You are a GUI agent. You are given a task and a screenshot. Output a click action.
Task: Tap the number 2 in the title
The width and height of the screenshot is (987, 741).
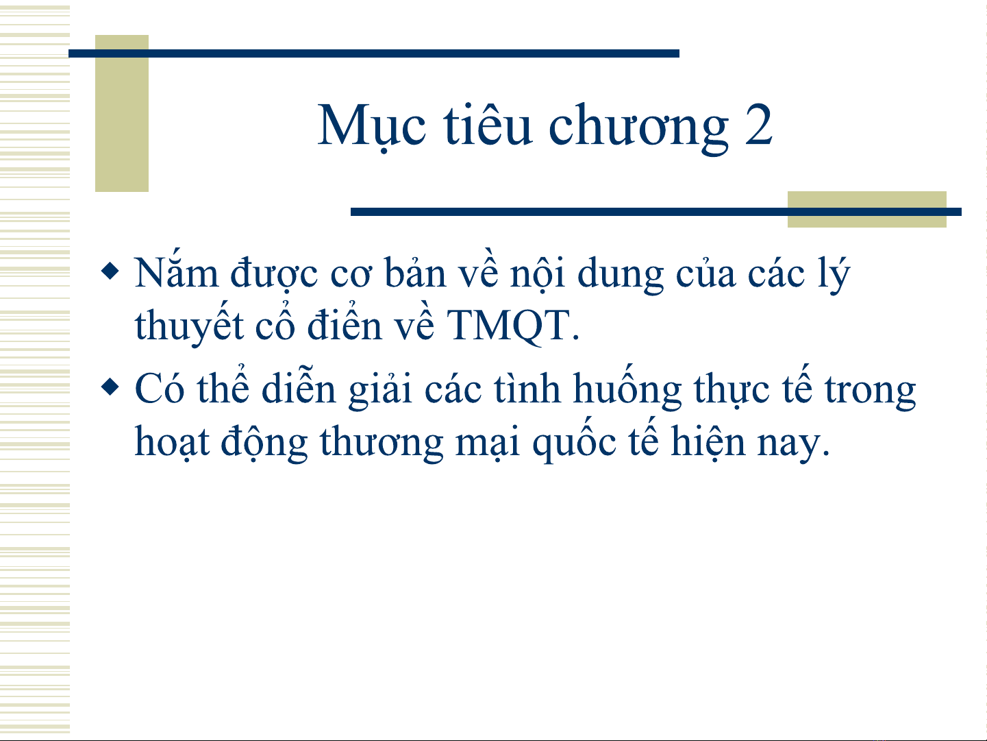758,125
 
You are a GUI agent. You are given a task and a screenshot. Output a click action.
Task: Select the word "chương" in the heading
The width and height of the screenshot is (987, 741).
638,127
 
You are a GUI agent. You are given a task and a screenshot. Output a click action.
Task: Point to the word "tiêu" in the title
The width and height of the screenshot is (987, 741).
488,123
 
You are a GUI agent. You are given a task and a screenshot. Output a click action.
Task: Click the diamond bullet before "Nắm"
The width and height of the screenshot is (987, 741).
110,271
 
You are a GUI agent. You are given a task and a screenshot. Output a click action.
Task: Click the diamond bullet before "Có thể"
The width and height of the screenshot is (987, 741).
110,387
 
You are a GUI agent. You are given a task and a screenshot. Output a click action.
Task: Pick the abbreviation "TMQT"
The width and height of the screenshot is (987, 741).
508,326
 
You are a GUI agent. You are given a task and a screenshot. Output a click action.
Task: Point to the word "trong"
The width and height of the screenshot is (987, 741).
870,391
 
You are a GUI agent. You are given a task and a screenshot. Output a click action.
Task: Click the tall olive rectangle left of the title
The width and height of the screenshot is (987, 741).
122,113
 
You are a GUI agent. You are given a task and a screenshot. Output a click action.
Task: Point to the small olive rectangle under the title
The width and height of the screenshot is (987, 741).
867,209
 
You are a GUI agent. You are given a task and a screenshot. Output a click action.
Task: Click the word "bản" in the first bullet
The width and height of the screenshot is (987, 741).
416,273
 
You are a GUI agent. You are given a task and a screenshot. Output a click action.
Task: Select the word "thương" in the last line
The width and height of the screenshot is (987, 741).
382,443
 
